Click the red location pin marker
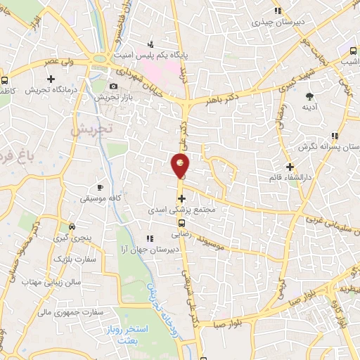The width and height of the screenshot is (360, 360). pyautogui.click(x=181, y=165)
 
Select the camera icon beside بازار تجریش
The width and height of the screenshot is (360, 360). pyautogui.click(x=112, y=86)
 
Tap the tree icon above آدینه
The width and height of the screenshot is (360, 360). pyautogui.click(x=309, y=95)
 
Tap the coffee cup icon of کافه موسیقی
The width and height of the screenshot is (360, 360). pyautogui.click(x=100, y=187)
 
